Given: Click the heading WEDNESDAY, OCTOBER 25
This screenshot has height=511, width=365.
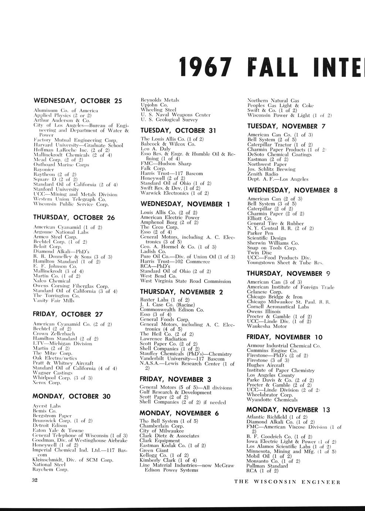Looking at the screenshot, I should [x=78, y=101].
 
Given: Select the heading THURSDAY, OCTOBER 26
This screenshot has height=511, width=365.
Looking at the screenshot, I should [x=74, y=217].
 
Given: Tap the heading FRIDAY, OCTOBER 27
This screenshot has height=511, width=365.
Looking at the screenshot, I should [x=68, y=314].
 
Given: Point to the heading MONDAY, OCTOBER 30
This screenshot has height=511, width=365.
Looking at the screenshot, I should [x=71, y=396].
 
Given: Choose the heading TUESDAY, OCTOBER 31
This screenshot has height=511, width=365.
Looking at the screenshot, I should [x=173, y=130].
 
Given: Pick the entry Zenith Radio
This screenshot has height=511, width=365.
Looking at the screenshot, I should [x=263, y=174].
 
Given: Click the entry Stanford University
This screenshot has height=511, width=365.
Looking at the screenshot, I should [x=56, y=189].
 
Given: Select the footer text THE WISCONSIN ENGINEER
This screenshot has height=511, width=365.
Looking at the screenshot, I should [x=287, y=482].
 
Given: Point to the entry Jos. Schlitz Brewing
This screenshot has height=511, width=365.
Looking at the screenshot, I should [x=271, y=169].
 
